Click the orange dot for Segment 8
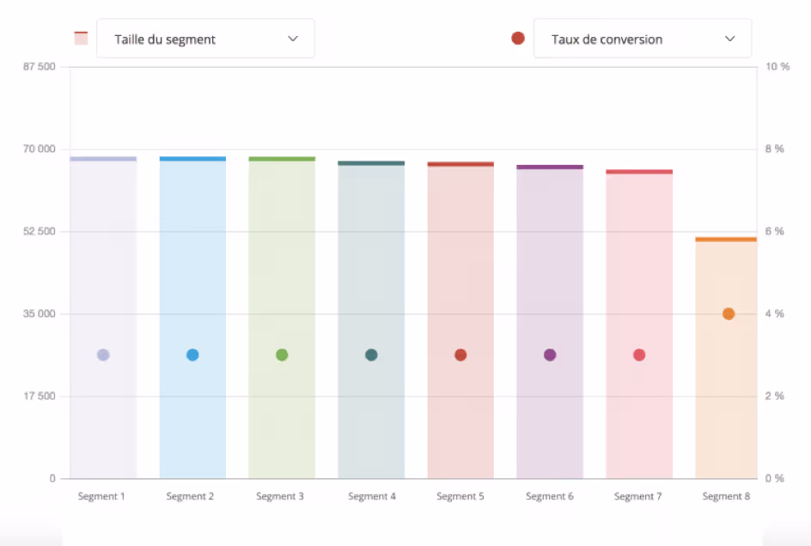pyautogui.click(x=729, y=314)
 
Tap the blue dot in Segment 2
pyautogui.click(x=192, y=355)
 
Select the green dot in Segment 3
pyautogui.click(x=282, y=355)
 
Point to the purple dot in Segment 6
pyautogui.click(x=550, y=355)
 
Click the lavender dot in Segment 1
pyautogui.click(x=103, y=355)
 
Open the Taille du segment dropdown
pyautogui.click(x=205, y=39)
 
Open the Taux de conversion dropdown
pyautogui.click(x=642, y=39)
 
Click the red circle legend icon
pyautogui.click(x=518, y=39)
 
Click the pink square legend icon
pyautogui.click(x=82, y=38)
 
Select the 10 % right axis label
pyautogui.click(x=777, y=67)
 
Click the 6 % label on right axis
pyautogui.click(x=774, y=232)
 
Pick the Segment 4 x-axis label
pyautogui.click(x=371, y=496)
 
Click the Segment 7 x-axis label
pyautogui.click(x=639, y=496)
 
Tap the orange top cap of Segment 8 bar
pyautogui.click(x=726, y=240)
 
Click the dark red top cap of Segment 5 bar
pyautogui.click(x=460, y=164)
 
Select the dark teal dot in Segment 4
pyautogui.click(x=371, y=355)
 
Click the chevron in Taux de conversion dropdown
pyautogui.click(x=730, y=39)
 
